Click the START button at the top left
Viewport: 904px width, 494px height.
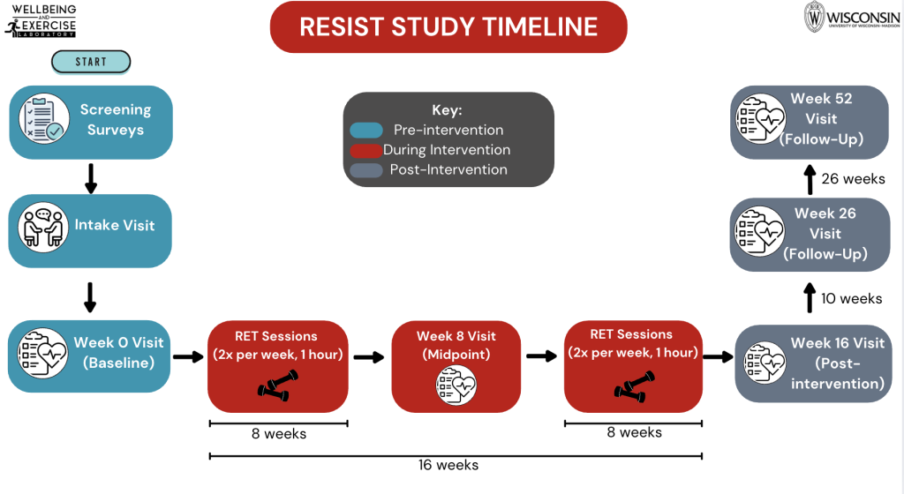[x=91, y=62]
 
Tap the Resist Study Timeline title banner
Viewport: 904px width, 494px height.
[x=448, y=26]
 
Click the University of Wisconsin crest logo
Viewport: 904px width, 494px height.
[x=814, y=17]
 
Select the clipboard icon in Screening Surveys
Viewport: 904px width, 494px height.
[x=43, y=121]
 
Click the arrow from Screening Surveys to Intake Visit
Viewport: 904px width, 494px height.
[x=90, y=176]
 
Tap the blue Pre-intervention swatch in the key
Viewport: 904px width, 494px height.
[x=366, y=131]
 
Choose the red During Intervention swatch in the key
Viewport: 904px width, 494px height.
[x=366, y=150]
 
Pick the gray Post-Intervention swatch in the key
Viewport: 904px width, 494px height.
[x=366, y=169]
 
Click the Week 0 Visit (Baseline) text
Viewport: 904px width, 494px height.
[x=119, y=353]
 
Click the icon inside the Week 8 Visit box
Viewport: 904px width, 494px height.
[x=456, y=385]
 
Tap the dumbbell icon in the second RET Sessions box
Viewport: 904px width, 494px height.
[x=633, y=385]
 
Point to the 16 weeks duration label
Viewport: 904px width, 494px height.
[x=448, y=465]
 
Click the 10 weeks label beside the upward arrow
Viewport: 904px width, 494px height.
[x=851, y=298]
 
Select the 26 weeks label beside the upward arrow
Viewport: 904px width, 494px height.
[x=853, y=178]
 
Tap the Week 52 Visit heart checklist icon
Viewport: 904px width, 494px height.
[x=763, y=119]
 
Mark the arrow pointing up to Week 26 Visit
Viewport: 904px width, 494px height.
[x=809, y=298]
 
